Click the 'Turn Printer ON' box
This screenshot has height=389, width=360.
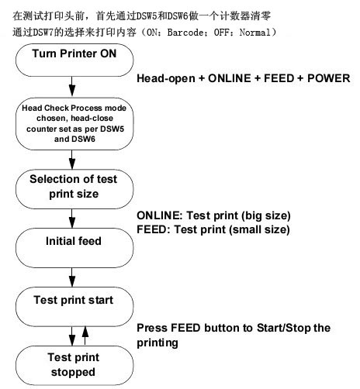pyautogui.click(x=74, y=60)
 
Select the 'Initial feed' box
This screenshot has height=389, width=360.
pyautogui.click(x=74, y=248)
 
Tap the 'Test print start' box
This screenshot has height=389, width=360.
pyautogui.click(x=74, y=307)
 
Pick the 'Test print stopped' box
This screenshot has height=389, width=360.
pyautogui.click(x=74, y=366)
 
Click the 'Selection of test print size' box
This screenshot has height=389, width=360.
pyautogui.click(x=74, y=189)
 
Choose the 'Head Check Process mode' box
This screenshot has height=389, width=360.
pyautogui.click(x=74, y=124)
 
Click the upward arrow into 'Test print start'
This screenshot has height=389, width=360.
pyautogui.click(x=85, y=336)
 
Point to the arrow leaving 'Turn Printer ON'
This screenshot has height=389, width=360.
pyautogui.click(x=72, y=87)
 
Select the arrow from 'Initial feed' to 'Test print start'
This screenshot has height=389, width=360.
pyautogui.click(x=72, y=277)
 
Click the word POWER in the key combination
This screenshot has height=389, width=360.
pyautogui.click(x=329, y=78)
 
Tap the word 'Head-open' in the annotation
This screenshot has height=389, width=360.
pyautogui.click(x=166, y=78)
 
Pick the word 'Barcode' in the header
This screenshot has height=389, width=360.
pyautogui.click(x=185, y=33)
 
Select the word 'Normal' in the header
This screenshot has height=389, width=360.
pyautogui.click(x=255, y=33)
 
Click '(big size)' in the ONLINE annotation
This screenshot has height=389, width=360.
pyautogui.click(x=266, y=216)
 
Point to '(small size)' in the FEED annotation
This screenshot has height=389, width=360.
pyautogui.click(x=259, y=230)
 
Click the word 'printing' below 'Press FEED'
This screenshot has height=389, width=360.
pyautogui.click(x=157, y=343)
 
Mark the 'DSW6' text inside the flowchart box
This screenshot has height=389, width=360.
pyautogui.click(x=84, y=139)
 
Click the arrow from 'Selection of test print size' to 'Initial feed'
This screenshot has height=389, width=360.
pyautogui.click(x=72, y=219)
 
